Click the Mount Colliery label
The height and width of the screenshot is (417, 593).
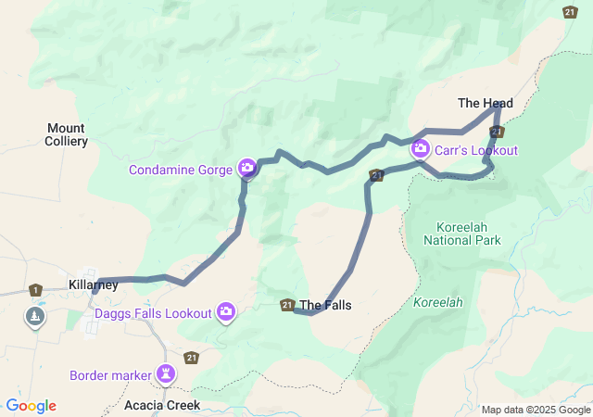point(67,134)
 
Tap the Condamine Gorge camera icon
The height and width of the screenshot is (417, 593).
point(247,169)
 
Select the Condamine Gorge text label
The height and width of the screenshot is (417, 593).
point(181,170)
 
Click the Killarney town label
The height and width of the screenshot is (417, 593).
point(94,284)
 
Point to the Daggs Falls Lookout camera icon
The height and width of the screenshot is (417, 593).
point(226,313)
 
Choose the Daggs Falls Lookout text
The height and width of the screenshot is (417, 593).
point(153,313)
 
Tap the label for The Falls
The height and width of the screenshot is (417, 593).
point(325,305)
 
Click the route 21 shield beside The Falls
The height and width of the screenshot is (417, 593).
point(287,305)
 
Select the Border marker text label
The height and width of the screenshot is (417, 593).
point(110,375)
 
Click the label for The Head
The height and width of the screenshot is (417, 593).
point(486,103)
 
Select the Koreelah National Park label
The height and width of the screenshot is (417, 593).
point(462,234)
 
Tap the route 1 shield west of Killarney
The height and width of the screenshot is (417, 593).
point(35,290)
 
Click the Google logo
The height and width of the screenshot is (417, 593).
point(31,406)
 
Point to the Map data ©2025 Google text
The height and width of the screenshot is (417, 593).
point(535,410)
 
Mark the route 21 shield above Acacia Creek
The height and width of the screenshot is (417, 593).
point(191,357)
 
